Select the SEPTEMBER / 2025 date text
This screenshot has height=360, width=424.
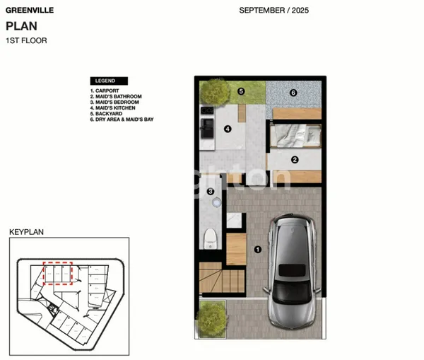tap(273, 11)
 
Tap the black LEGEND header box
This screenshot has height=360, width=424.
tap(108, 81)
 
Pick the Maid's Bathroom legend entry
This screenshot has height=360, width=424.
tap(116, 96)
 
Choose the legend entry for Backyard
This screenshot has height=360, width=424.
tap(107, 114)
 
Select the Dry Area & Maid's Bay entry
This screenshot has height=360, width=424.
tap(122, 120)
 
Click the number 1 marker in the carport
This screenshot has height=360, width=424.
tap(258, 249)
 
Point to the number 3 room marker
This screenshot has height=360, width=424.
tap(210, 191)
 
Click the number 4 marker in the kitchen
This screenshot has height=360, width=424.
tap(228, 129)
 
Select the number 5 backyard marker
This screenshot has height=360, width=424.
tap(241, 91)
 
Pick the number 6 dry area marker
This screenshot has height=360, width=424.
tap(293, 93)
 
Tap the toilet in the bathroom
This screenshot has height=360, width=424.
tap(210, 238)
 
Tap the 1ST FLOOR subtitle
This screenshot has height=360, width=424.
tap(26, 41)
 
